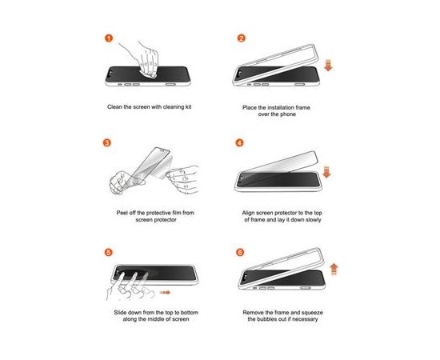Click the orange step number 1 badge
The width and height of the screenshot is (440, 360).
pyautogui.click(x=109, y=38)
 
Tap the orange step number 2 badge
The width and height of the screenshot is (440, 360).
pyautogui.click(x=242, y=38)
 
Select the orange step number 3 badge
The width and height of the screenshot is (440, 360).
pyautogui.click(x=107, y=142)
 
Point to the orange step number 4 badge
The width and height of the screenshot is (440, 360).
pyautogui.click(x=239, y=142)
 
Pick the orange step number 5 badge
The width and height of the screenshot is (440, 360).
pyautogui.click(x=109, y=252)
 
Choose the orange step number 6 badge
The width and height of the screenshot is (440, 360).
pyautogui.click(x=240, y=252)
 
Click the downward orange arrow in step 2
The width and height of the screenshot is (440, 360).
pyautogui.click(x=328, y=65)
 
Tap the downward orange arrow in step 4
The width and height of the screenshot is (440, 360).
pyautogui.click(x=326, y=172)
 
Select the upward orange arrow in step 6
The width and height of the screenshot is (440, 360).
pyautogui.click(x=334, y=269)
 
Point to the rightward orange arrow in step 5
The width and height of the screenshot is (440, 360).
pyautogui.click(x=165, y=293)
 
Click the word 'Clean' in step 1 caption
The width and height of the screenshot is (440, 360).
pyautogui.click(x=114, y=107)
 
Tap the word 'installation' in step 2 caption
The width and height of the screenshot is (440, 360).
pyautogui.click(x=281, y=107)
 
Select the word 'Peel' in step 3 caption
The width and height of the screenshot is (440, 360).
pyautogui.click(x=122, y=213)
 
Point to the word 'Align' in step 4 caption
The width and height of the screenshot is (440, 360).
pyautogui.click(x=248, y=213)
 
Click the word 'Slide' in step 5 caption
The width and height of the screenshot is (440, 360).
pyautogui.click(x=120, y=313)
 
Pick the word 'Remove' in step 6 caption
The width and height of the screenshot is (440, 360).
pyautogui.click(x=253, y=313)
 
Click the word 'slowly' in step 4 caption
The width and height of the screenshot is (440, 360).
pyautogui.click(x=314, y=220)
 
